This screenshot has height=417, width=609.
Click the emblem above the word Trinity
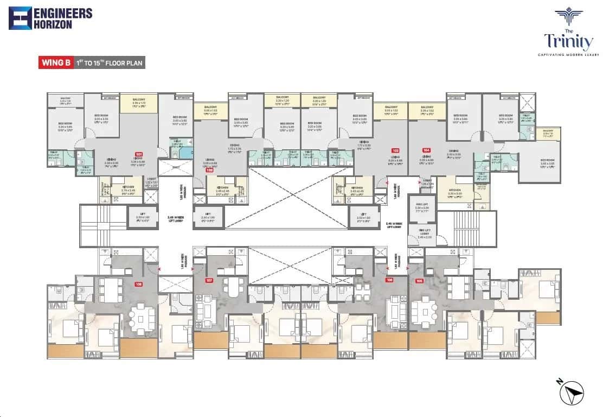tap(568, 17)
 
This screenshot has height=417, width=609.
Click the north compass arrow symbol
tap(573, 390)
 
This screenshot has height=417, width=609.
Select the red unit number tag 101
tap(139, 154)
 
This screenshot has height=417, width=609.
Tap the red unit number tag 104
tap(426, 150)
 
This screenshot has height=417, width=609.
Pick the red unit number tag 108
tap(139, 284)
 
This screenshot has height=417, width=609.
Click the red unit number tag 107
tap(209, 281)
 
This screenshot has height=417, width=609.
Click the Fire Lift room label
tap(422, 208)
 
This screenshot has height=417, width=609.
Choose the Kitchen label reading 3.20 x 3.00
tap(454, 194)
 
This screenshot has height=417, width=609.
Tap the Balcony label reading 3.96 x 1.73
tap(139, 102)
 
